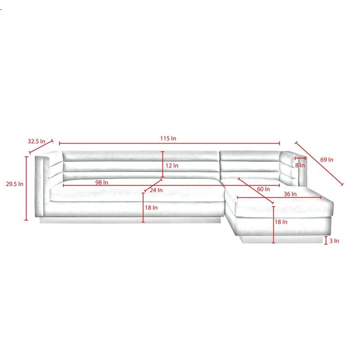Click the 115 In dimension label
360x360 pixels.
(168, 139)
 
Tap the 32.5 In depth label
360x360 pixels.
(36, 141)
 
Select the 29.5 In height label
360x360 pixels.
(14, 184)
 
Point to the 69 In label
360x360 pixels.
(327, 160)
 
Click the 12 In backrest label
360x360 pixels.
(172, 166)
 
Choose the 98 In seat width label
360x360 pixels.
(102, 183)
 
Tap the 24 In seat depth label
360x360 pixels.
(156, 190)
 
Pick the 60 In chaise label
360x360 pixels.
(263, 189)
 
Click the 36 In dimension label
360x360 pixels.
(290, 194)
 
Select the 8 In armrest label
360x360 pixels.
(300, 165)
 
